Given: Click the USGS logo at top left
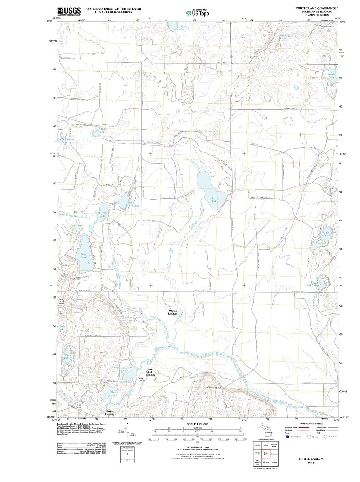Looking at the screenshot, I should [69, 11].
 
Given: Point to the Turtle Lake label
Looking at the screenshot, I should [215, 199].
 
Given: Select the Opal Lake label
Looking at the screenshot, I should [83, 255].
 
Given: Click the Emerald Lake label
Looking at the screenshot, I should [102, 214].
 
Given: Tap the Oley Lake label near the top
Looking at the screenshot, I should [181, 28].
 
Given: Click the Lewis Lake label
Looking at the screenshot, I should [331, 75].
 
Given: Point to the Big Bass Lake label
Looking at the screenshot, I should [328, 234].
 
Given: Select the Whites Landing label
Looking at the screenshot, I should [173, 312].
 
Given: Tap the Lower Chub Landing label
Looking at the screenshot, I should [150, 372].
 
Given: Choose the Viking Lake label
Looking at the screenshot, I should [67, 356].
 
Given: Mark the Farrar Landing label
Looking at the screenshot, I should [109, 413].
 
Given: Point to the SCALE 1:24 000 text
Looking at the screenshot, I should [197, 424].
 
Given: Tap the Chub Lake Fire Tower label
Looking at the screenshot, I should [61, 302].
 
